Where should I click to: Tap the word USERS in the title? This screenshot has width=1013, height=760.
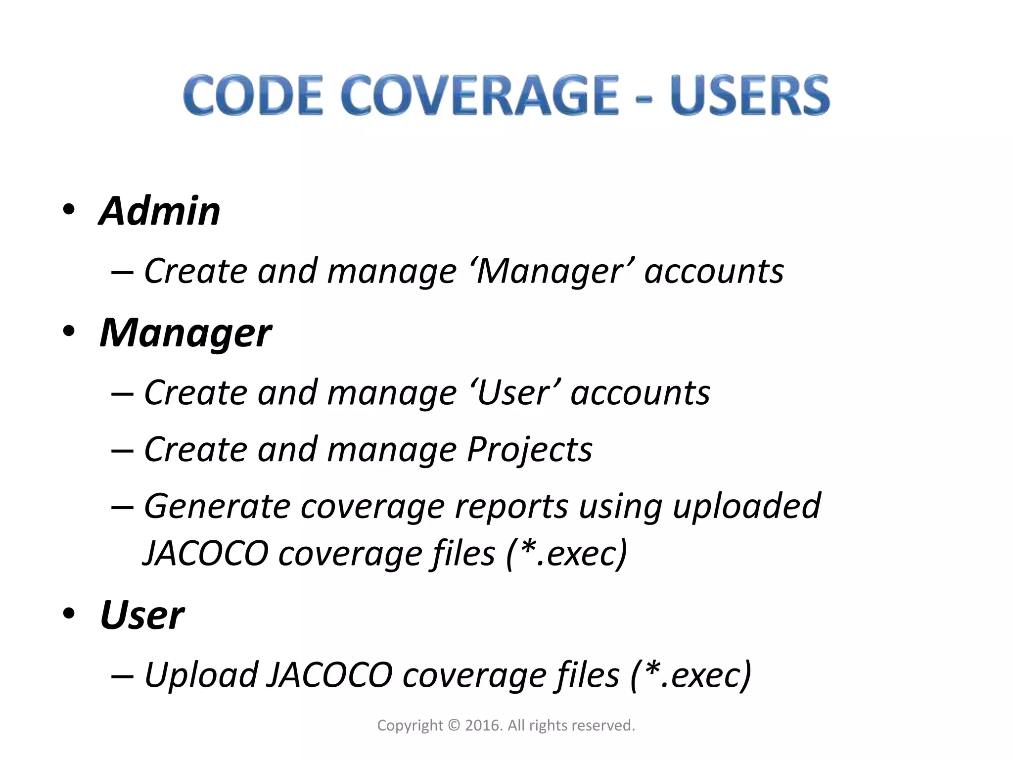coord(750,95)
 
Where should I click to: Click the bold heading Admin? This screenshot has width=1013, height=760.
coord(159,211)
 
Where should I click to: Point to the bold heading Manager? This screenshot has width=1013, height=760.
coord(185,333)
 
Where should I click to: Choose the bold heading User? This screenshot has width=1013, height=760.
coord(142,616)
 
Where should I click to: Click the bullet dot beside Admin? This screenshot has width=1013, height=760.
coord(69,210)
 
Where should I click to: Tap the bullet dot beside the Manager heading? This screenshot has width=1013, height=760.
coord(69,331)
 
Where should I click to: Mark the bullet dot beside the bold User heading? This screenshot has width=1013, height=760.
coord(69,614)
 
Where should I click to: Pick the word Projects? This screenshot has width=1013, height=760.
coord(529,450)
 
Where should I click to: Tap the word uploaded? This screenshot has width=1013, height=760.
coord(746,507)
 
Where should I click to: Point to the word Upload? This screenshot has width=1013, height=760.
coord(201,675)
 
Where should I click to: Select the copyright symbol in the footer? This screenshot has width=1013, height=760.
coord(454,725)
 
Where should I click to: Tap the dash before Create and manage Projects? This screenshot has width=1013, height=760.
coord(122,451)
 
